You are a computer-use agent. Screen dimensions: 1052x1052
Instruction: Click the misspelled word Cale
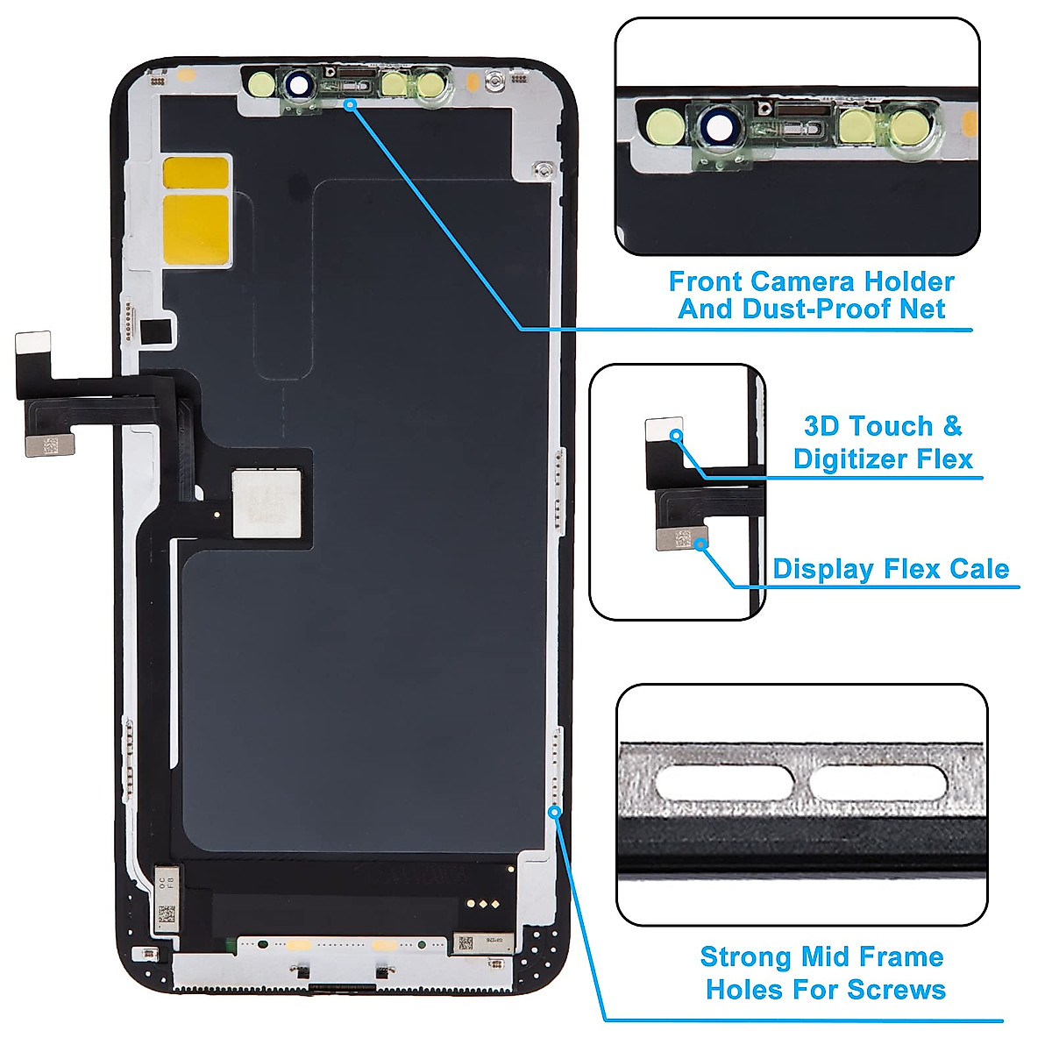(x=979, y=569)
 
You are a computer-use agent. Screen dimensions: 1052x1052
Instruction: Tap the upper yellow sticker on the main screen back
(x=197, y=173)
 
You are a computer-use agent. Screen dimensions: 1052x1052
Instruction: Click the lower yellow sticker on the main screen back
(x=196, y=229)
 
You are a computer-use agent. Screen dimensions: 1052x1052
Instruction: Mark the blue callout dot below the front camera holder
(x=350, y=104)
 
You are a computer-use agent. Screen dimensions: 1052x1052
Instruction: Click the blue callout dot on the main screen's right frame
(x=554, y=812)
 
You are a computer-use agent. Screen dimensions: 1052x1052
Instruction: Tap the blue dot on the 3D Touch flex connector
(x=676, y=435)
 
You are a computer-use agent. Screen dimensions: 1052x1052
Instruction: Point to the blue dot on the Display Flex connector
(x=700, y=544)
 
